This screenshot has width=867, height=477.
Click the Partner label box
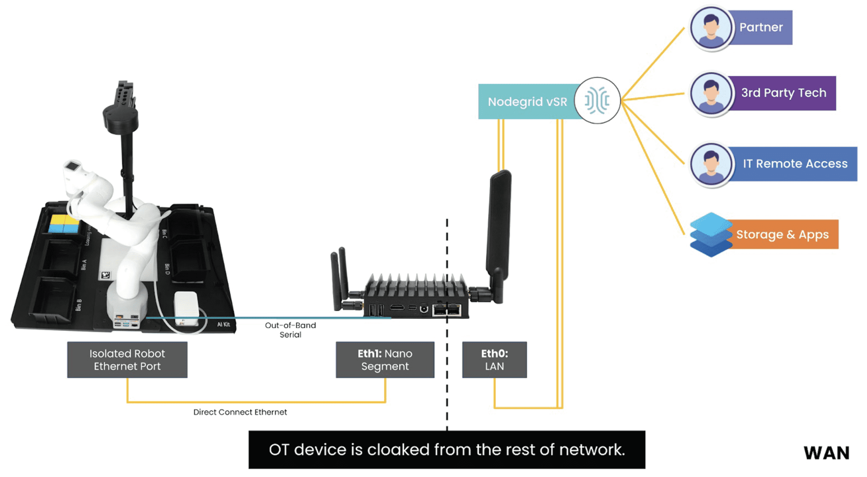761,28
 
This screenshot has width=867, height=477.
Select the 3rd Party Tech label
783,93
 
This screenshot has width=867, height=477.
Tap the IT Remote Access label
795,164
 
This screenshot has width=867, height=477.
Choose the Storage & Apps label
783,235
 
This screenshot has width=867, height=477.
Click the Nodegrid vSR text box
527,102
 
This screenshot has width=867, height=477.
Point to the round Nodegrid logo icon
597,101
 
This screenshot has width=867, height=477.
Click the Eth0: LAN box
494,360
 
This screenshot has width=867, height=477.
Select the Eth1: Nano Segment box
385,360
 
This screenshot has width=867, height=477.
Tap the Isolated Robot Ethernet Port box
127,360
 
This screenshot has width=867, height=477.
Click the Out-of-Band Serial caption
290,330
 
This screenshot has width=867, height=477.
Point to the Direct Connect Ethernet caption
240,412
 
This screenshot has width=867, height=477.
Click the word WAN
826,453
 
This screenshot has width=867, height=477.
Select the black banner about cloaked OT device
447,450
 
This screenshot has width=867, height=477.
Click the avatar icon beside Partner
711,28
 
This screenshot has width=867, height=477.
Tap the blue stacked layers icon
710,235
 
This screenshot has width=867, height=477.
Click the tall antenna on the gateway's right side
499,226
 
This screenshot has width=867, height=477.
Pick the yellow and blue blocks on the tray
64,224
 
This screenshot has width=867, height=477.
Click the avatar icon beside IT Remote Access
711,164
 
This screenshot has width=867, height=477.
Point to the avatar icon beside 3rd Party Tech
711,94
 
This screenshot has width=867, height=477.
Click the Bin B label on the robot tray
79,305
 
